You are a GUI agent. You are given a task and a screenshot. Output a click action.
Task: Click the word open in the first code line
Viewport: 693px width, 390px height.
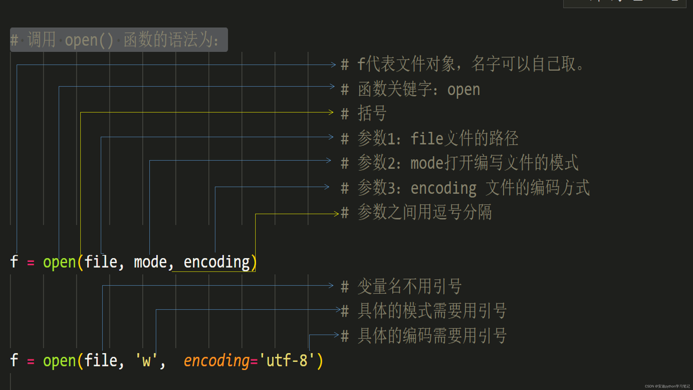coord(59,262)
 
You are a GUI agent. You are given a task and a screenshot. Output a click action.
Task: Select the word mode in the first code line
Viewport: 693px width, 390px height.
coord(150,262)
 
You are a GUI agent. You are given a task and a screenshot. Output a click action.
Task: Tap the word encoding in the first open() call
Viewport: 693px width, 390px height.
coord(217,262)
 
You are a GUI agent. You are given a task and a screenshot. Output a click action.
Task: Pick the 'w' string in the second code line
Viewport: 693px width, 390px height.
coord(146,361)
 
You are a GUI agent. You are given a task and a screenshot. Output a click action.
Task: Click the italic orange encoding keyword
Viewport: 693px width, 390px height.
coord(217,361)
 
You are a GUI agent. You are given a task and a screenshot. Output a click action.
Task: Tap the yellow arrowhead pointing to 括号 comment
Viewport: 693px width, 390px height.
coord(331,112)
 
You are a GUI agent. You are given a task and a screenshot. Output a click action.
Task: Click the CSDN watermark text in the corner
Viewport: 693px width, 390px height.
coord(667,386)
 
